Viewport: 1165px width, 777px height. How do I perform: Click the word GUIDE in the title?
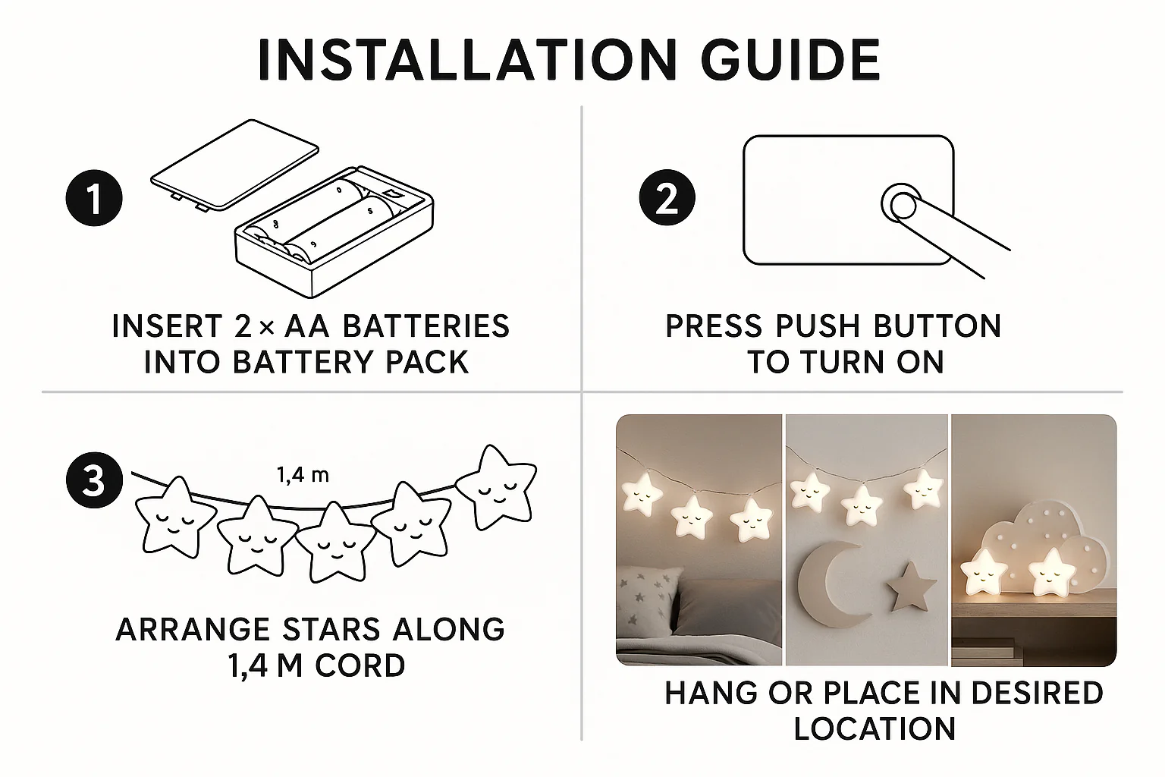(790, 61)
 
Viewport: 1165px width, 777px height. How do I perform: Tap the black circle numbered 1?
(94, 198)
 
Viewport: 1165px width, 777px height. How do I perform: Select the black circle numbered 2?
(667, 198)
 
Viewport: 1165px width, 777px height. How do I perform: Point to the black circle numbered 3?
(94, 480)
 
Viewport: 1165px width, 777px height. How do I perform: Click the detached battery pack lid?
(234, 165)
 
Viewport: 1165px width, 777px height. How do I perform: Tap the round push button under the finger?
(901, 205)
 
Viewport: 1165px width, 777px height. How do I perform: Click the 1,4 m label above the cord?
(303, 475)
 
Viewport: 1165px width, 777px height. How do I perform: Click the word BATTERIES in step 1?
(426, 326)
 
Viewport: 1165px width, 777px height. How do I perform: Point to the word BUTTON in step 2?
(937, 326)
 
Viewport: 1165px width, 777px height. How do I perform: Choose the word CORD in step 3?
(360, 665)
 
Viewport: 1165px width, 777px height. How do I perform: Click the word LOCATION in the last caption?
(875, 728)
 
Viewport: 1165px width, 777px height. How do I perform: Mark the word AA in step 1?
(307, 326)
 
